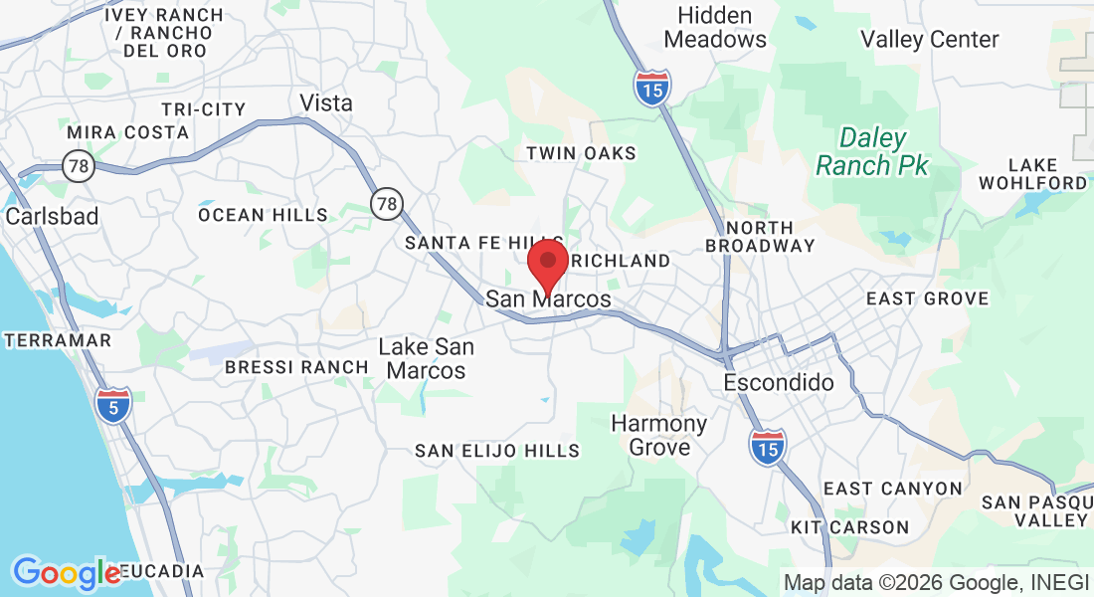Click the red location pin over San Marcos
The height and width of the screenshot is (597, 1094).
pos(547,265)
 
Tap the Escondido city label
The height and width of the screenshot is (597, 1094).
pos(779,382)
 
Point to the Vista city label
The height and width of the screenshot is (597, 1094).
pos(326,102)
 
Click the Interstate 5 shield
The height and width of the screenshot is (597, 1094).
pos(114,405)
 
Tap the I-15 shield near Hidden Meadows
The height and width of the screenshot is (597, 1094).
pos(652,89)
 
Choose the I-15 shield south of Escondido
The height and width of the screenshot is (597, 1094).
pos(767,448)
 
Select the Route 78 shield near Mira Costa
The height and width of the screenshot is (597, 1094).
pos(78,166)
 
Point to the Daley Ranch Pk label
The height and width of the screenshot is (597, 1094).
pos(872,151)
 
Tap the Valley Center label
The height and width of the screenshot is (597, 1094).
pos(929,40)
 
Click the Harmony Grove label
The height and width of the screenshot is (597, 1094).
pos(658,435)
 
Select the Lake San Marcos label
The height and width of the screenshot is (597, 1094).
pos(427,358)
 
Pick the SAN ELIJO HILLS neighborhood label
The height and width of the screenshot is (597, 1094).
pos(497,451)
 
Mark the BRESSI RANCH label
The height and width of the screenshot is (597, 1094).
pos(296,367)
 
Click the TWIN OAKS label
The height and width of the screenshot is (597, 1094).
pos(581,153)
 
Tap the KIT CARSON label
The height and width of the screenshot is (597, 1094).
pos(849,526)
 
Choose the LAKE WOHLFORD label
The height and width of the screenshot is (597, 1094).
pos(1032,173)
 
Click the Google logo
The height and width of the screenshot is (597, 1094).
pos(67,572)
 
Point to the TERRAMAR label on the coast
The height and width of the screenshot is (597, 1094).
pos(58,340)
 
